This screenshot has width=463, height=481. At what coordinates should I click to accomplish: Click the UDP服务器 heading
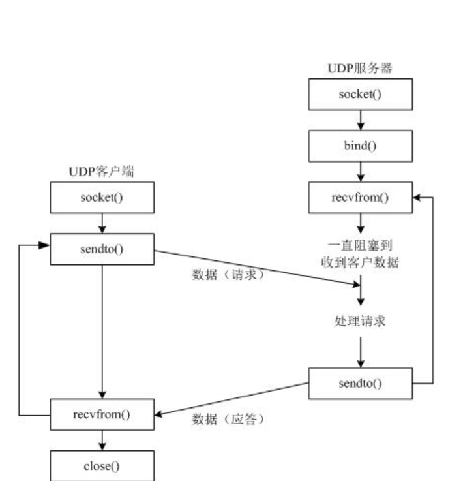click(360, 69)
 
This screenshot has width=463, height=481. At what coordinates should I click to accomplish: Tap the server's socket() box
click(360, 95)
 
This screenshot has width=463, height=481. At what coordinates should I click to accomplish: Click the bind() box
click(360, 146)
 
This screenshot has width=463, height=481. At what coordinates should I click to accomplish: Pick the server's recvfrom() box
click(360, 196)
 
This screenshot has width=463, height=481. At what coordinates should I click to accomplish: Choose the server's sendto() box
click(360, 382)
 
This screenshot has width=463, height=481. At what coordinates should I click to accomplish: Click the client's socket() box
click(102, 196)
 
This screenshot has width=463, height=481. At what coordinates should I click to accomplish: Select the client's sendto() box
click(102, 247)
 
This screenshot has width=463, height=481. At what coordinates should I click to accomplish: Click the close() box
click(102, 466)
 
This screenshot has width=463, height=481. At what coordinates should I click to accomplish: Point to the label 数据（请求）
click(228, 275)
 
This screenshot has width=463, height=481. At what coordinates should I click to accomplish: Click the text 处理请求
click(360, 321)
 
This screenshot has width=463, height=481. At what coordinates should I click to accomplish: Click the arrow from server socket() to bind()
click(360, 120)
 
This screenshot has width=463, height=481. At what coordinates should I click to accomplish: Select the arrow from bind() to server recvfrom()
click(360, 171)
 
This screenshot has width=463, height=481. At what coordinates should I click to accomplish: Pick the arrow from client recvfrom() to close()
click(102, 441)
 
